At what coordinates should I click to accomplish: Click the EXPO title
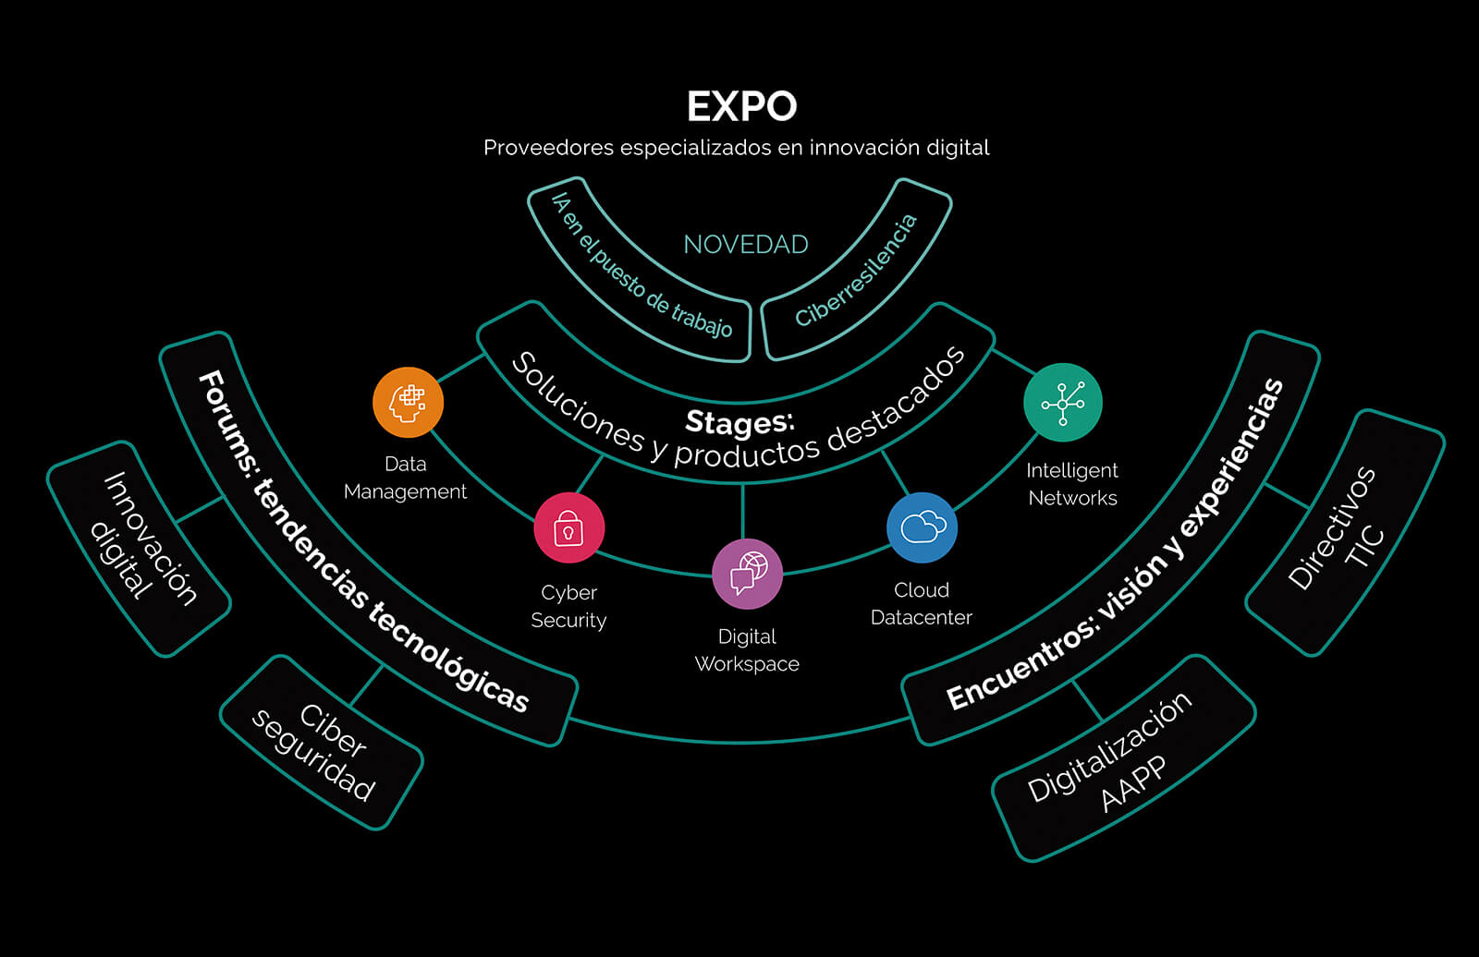pos(741,107)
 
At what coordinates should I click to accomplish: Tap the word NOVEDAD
pos(745,245)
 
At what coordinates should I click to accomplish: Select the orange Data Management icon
pos(408,402)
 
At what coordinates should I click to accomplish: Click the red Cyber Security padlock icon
pos(568,528)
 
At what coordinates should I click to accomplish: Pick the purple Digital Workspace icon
pos(747,574)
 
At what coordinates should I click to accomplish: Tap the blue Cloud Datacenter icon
pos(922,527)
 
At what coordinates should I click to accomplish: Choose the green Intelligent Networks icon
pos(1063,403)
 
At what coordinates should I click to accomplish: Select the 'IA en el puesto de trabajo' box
pos(641,268)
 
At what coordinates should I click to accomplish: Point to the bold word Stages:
pos(739,422)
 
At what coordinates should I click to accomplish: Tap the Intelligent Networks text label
pos(1072,484)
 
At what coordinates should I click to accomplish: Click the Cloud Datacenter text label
pos(922,603)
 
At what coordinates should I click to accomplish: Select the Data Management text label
pos(405,478)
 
